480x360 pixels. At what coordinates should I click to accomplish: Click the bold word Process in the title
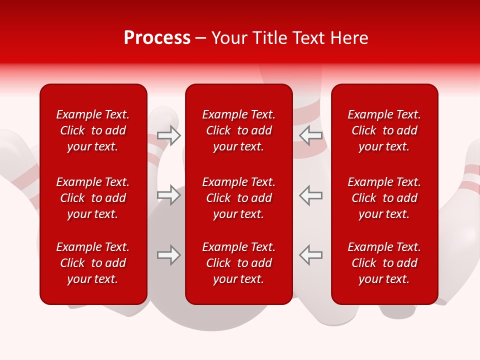[157, 38]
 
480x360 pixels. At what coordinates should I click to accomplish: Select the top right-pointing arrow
[169, 135]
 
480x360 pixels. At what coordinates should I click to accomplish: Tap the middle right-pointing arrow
[169, 195]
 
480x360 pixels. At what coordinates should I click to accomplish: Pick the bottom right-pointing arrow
[169, 255]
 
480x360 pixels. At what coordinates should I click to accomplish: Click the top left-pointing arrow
[310, 135]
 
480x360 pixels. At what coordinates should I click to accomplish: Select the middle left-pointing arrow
[310, 195]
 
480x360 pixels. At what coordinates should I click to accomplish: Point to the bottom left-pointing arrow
[310, 255]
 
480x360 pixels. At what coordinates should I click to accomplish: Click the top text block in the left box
[93, 130]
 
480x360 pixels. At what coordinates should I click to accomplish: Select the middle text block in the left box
[93, 198]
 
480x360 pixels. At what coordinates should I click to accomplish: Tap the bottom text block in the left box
[93, 263]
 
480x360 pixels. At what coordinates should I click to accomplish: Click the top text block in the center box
[238, 130]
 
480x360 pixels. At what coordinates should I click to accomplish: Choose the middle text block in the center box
[238, 198]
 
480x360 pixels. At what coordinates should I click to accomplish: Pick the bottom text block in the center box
[238, 263]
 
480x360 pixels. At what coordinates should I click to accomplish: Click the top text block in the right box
[384, 130]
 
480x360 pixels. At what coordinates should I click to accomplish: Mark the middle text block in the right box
[384, 198]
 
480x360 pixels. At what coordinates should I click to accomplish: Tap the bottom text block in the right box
[384, 263]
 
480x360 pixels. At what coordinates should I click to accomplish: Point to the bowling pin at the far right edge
[462, 210]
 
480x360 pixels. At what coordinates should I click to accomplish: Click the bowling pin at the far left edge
[17, 165]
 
